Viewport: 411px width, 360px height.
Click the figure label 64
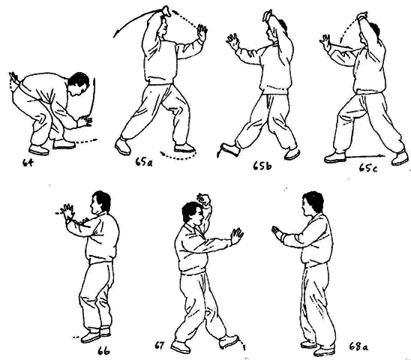(x=28, y=163)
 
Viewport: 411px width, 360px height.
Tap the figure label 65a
(x=144, y=162)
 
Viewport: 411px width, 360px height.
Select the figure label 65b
(x=262, y=166)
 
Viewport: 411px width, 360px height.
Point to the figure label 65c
(x=368, y=168)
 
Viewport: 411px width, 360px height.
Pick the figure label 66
(x=103, y=351)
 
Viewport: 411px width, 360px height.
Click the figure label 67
(x=159, y=346)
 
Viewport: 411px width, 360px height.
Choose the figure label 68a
(x=358, y=346)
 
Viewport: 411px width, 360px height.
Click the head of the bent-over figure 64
(x=79, y=85)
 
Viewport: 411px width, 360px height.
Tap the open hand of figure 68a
(x=277, y=232)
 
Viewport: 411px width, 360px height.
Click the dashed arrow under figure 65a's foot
(x=178, y=156)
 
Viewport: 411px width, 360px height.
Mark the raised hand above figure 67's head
(x=204, y=199)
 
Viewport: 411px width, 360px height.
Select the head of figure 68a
(x=313, y=204)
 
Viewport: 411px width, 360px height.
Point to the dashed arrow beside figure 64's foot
(x=86, y=141)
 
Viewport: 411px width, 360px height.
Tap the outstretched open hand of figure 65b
(x=233, y=41)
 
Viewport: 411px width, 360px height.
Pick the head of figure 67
(x=192, y=213)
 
